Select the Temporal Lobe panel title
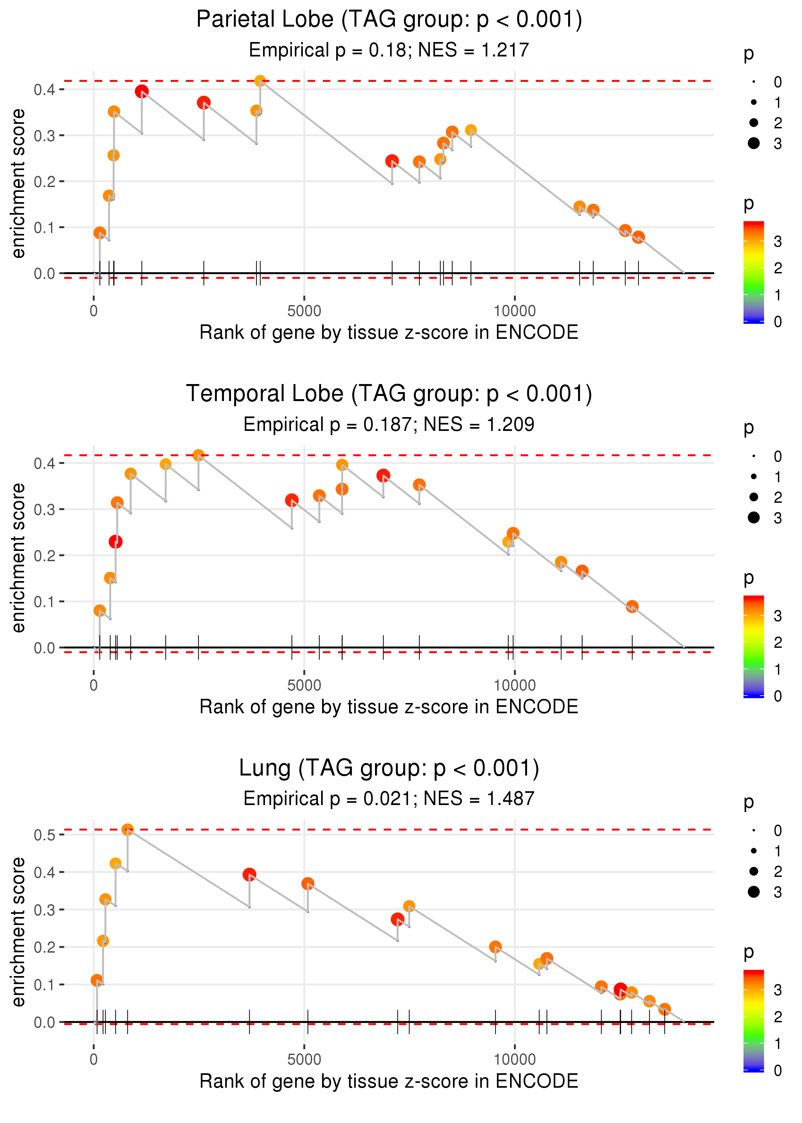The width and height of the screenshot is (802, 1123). coord(389,394)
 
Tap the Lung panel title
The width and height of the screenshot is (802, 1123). coord(389,768)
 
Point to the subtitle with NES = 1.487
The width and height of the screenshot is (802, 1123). coord(389,799)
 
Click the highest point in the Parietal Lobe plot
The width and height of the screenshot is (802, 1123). coord(260,81)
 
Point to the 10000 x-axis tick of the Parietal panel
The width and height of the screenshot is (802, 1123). coord(515,311)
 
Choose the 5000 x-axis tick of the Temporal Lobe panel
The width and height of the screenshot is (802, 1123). coord(304,685)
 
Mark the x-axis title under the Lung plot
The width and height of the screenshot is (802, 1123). coord(389,1081)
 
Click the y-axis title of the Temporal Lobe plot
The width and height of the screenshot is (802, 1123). coord(19,558)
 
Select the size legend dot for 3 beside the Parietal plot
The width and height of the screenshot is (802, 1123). coord(754,143)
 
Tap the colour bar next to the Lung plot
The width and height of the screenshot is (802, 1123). coord(754,1020)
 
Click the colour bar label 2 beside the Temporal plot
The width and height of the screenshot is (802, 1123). coord(778,642)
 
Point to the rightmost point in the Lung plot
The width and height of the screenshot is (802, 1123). coord(665,1009)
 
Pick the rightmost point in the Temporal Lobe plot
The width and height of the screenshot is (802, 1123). coord(632,606)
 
